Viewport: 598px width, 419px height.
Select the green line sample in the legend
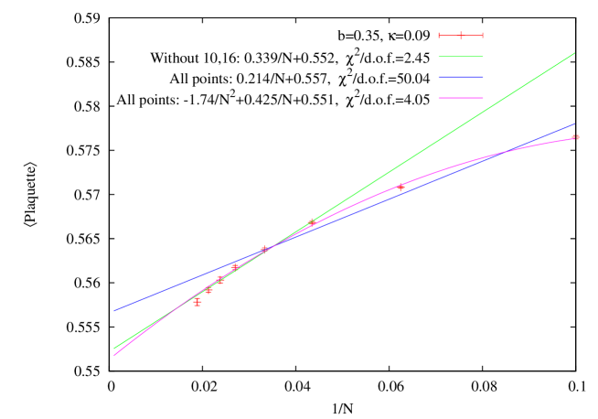pyautogui.click(x=461, y=57)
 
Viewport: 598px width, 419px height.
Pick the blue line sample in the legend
pyautogui.click(x=461, y=77)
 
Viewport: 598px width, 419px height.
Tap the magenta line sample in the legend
pyautogui.click(x=461, y=97)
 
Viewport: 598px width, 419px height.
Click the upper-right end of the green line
pyautogui.click(x=575, y=53)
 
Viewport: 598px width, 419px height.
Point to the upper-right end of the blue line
pyautogui.click(x=575, y=124)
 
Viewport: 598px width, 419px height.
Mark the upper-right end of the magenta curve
pyautogui.click(x=575, y=138)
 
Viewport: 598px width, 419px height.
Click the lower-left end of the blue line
pyautogui.click(x=113, y=311)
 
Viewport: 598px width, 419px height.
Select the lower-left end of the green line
pyautogui.click(x=113, y=349)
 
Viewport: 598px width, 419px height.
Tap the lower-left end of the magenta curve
pyautogui.click(x=113, y=355)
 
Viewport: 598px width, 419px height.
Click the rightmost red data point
pyautogui.click(x=575, y=137)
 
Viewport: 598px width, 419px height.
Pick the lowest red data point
pyautogui.click(x=198, y=302)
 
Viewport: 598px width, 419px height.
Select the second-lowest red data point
pyautogui.click(x=208, y=290)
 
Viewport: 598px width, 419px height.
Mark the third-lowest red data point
pyautogui.click(x=220, y=280)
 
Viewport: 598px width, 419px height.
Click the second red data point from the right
pyautogui.click(x=400, y=188)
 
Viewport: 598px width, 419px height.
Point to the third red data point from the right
pyautogui.click(x=311, y=222)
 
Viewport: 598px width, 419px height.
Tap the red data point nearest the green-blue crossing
pyautogui.click(x=263, y=249)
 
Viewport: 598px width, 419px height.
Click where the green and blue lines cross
pyautogui.click(x=272, y=244)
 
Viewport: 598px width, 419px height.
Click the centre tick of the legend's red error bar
pyautogui.click(x=461, y=36)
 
